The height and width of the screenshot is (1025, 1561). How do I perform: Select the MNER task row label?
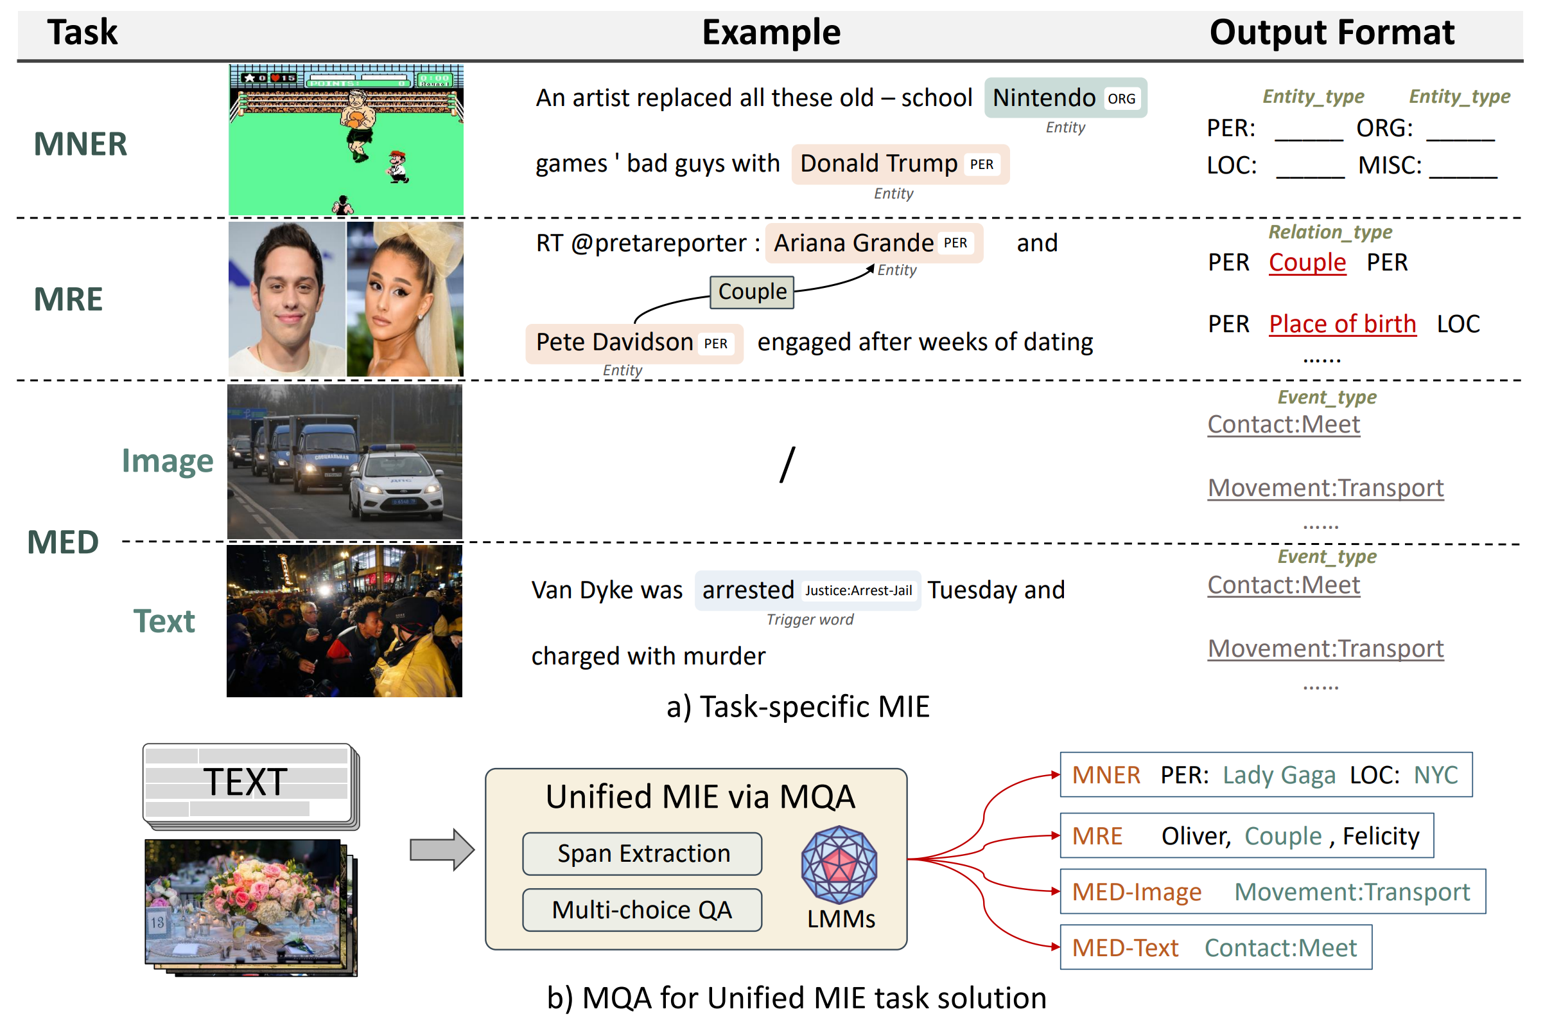coord(81,145)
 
